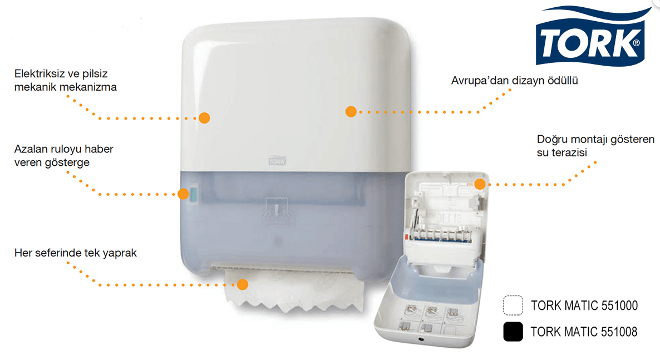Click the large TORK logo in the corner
click(592, 37)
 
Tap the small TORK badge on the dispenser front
click(277, 161)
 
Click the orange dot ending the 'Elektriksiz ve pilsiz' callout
click(204, 118)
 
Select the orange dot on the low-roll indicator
click(183, 194)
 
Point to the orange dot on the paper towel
click(243, 285)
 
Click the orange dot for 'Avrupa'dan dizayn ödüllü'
click(351, 112)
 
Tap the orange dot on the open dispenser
click(480, 184)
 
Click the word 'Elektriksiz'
click(38, 73)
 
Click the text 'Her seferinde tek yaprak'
click(75, 253)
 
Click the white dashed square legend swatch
click(513, 305)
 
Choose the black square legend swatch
click(513, 332)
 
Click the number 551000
click(619, 305)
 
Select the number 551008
click(619, 332)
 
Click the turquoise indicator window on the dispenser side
click(194, 195)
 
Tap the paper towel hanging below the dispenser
click(294, 291)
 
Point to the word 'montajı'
click(590, 139)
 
